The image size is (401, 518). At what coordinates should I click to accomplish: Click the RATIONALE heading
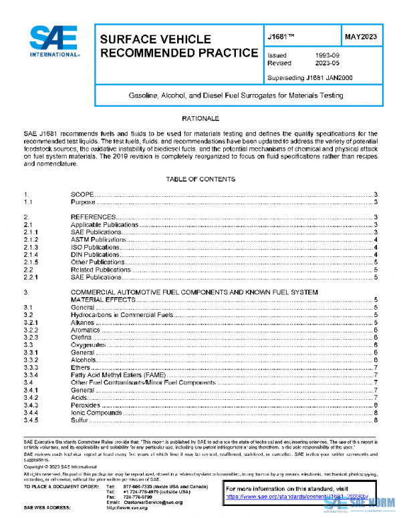click(200, 118)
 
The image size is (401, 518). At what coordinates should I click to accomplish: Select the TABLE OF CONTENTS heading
click(200, 180)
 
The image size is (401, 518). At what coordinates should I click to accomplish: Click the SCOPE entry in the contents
click(83, 194)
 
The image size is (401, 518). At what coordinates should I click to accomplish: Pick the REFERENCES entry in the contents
click(94, 218)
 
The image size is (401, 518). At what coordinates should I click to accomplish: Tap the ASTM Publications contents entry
click(98, 240)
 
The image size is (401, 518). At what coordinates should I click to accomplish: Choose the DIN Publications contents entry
click(96, 254)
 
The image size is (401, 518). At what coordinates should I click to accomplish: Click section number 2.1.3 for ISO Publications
click(31, 247)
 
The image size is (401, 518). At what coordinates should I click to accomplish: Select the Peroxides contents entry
click(86, 405)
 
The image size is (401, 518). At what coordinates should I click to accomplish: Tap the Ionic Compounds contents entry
click(96, 413)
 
